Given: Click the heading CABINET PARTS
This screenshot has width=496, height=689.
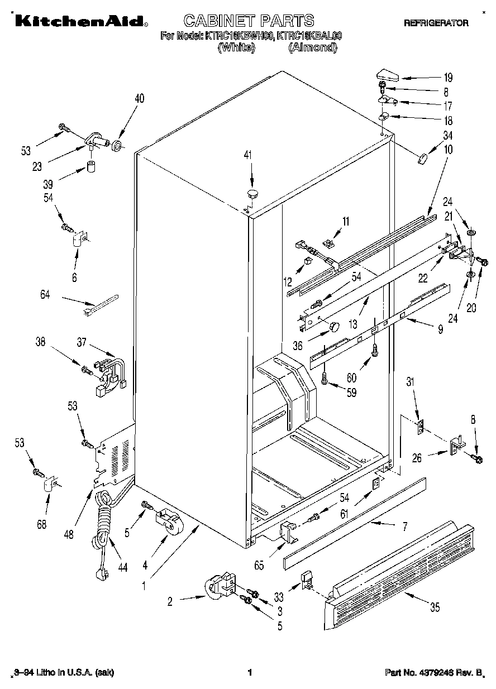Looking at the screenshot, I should point(249,21).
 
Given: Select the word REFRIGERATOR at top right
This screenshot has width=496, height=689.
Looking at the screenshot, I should point(436,23).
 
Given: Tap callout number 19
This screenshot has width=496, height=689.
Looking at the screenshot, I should point(447,78).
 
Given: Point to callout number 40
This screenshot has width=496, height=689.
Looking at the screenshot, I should point(139,98).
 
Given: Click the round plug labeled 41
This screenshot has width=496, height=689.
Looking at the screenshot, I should point(252,194).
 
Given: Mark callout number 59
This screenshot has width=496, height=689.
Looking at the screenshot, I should point(351,393).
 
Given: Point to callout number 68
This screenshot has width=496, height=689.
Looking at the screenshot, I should point(42,524).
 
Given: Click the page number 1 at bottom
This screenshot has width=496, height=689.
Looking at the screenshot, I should point(250,672).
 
